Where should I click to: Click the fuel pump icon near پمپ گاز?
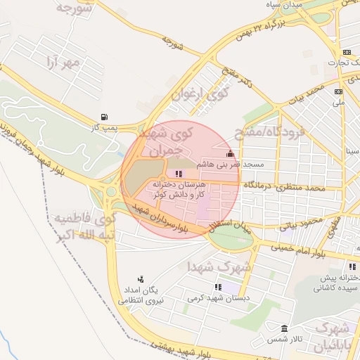[x=105, y=117]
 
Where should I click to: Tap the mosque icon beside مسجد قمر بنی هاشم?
[x=229, y=154]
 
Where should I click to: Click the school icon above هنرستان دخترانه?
[x=179, y=174]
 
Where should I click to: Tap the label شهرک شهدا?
[x=214, y=267]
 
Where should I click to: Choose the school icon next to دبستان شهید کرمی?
[x=217, y=287]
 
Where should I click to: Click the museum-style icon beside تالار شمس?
[x=284, y=329]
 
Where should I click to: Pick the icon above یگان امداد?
[x=141, y=279]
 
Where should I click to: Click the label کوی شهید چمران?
[x=171, y=141]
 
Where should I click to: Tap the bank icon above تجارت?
[x=347, y=52]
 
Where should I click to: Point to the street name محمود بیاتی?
[x=300, y=224]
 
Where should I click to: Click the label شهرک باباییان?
[x=330, y=337]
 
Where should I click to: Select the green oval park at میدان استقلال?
[x=230, y=239]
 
